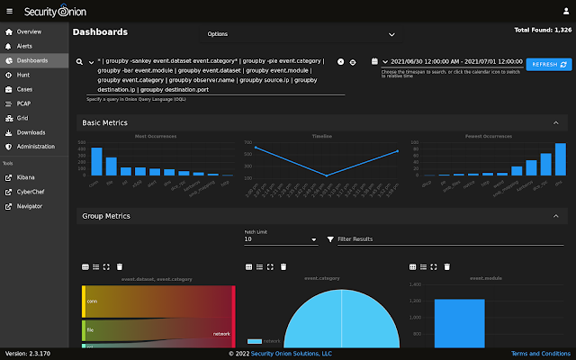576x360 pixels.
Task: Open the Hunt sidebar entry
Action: pos(22,75)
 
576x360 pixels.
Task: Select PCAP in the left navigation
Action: pos(24,103)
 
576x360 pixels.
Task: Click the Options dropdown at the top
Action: pos(301,34)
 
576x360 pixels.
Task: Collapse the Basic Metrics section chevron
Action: pos(555,122)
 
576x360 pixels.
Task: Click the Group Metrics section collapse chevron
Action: pos(555,217)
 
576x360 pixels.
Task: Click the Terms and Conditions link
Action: pos(541,354)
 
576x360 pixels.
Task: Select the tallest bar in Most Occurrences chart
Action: pos(96,160)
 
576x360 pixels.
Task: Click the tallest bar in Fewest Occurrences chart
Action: pos(560,158)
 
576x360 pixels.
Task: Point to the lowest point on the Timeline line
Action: pos(327,175)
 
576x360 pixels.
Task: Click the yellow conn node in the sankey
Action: pos(84,302)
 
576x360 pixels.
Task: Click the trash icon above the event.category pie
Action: pos(283,266)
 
